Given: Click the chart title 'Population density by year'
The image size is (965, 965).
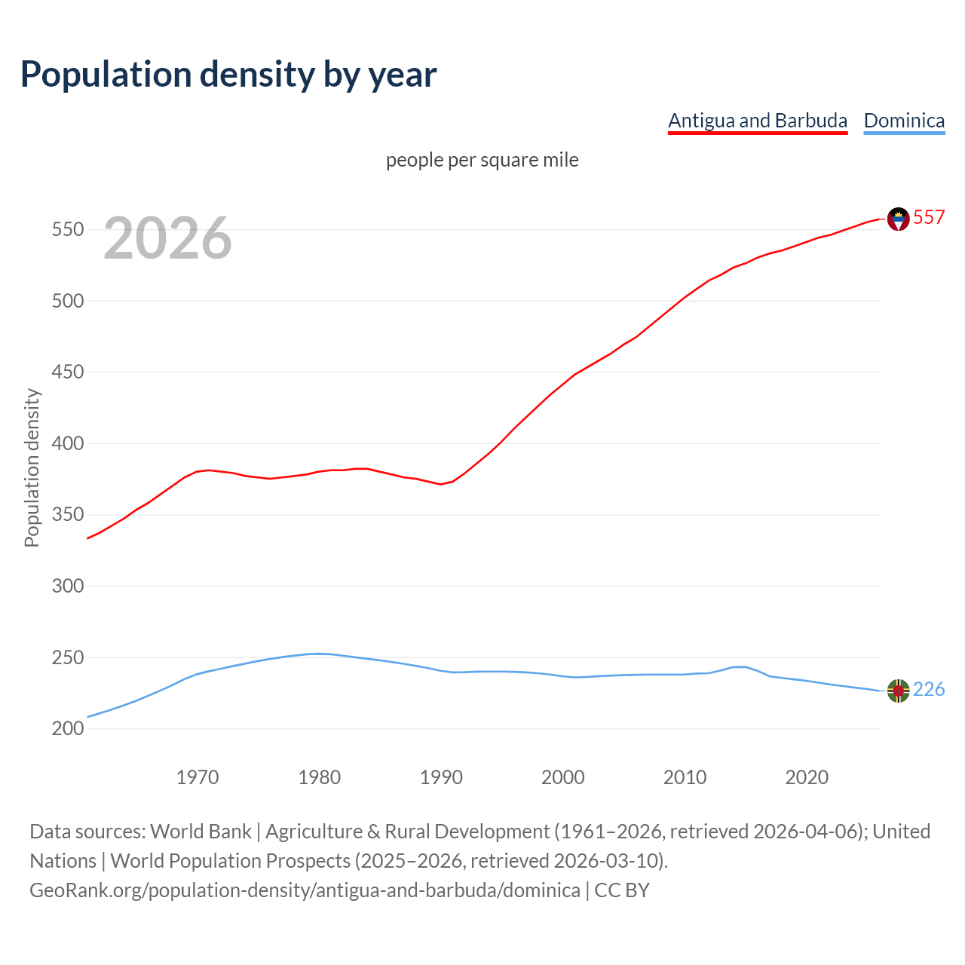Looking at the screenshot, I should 228,74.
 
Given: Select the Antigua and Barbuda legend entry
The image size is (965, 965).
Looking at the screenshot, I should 758,121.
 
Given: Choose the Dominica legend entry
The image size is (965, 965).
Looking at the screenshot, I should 904,121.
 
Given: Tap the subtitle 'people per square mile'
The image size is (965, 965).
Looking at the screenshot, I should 482,160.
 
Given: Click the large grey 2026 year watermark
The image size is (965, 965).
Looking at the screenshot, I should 167,238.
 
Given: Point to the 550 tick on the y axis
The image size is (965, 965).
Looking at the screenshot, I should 67,229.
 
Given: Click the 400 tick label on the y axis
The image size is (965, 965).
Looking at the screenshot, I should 67,443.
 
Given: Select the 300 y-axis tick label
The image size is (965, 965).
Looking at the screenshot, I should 67,586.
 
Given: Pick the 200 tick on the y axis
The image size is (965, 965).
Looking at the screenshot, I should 67,728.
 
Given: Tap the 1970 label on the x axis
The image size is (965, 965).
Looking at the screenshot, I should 198,777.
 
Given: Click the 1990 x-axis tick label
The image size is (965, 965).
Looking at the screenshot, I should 441,777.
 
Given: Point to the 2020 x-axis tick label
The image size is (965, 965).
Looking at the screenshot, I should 807,777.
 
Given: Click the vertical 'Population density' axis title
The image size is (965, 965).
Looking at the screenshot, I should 32,467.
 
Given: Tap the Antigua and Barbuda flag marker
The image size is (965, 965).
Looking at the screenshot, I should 898,219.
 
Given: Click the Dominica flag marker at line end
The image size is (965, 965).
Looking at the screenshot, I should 898,690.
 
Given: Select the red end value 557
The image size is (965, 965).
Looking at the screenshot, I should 929,217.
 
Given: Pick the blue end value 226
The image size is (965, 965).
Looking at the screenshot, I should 929,689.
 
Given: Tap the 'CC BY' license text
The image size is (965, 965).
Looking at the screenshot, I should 622,890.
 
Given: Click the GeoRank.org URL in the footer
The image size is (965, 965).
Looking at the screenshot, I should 305,890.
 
